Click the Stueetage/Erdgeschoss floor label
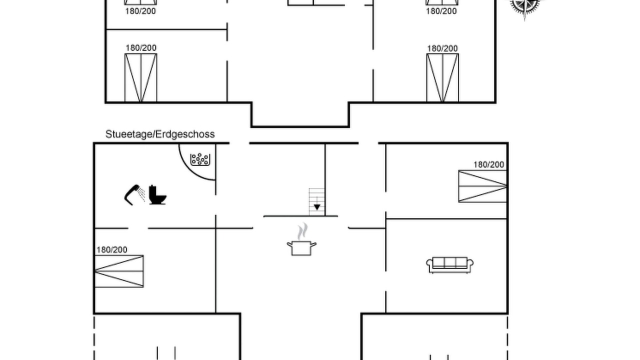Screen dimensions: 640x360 coord(160,134)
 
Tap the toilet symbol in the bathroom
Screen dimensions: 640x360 coord(157,194)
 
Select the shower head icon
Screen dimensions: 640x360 coord(134,195)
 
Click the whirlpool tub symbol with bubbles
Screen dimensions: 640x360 coord(200,159)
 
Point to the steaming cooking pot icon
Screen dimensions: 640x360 coord(301,239)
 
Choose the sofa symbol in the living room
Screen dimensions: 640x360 coord(449,265)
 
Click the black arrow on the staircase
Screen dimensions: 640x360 coord(317,207)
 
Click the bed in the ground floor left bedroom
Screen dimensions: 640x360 coord(119,271)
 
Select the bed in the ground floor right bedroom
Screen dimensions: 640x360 coord(482,186)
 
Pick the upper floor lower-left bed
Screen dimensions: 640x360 coord(141,77)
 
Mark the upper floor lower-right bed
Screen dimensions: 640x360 coord(442,77)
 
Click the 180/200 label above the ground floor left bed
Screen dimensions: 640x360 coord(111,250)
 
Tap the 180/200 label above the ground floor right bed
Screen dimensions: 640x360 coord(488,165)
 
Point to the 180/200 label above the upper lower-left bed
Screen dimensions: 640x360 coord(141,48)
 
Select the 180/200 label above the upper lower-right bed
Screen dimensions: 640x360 coord(442,49)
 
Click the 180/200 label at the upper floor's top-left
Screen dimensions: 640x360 coord(140,11)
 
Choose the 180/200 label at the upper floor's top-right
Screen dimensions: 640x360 coord(441,11)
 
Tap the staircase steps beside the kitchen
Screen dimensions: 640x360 coord(317,201)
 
